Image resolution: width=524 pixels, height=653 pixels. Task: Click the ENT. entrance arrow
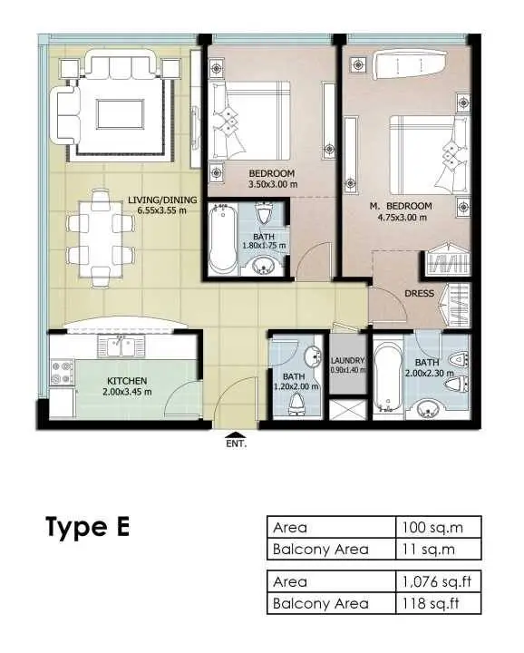pos(236,434)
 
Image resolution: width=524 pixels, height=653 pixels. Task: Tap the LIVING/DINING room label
pos(162,200)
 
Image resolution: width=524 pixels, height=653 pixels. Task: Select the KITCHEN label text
pos(127,381)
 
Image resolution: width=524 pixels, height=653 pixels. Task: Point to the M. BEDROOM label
pos(401,206)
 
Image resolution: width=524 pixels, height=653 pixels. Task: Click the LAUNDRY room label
pos(347,360)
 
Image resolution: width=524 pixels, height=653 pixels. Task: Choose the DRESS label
pos(419,293)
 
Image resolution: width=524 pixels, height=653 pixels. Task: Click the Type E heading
pos(87,527)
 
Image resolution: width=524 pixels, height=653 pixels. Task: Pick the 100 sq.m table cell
pos(432,528)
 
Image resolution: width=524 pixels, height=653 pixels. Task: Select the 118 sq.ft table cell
pos(431,603)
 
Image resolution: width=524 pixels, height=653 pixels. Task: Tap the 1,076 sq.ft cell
pos(436,581)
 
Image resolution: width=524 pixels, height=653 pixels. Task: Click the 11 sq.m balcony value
pos(428,550)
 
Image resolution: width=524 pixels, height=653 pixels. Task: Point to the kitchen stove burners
pos(62,373)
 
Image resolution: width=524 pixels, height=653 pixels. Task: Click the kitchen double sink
pos(121,346)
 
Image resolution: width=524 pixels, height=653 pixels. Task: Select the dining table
pos(101,239)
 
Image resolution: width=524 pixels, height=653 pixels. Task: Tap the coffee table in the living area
pos(121,114)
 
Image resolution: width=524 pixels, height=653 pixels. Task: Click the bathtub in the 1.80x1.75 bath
pos(223,239)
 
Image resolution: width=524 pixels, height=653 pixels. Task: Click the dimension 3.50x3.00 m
pos(273,183)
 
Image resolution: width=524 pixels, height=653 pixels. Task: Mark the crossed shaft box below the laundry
pos(347,410)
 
